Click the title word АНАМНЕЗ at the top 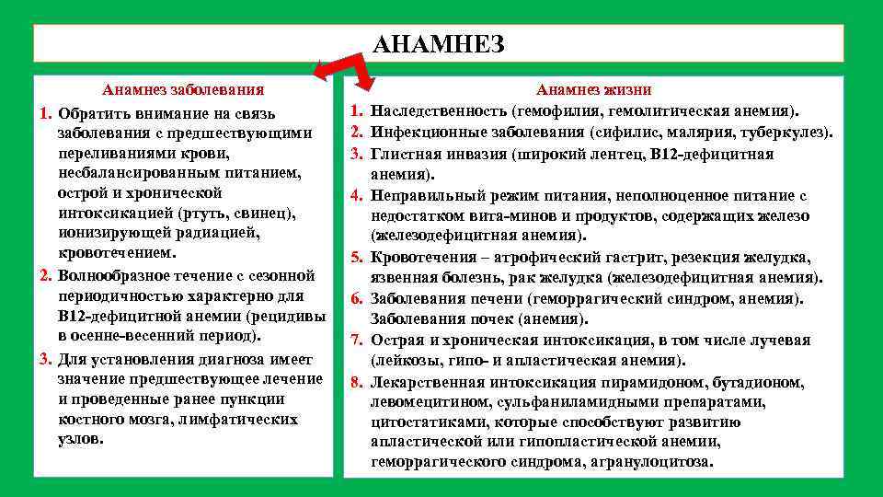point(440,43)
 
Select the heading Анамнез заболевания point(183,90)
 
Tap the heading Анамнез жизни point(593,90)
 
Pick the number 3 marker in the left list point(45,358)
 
